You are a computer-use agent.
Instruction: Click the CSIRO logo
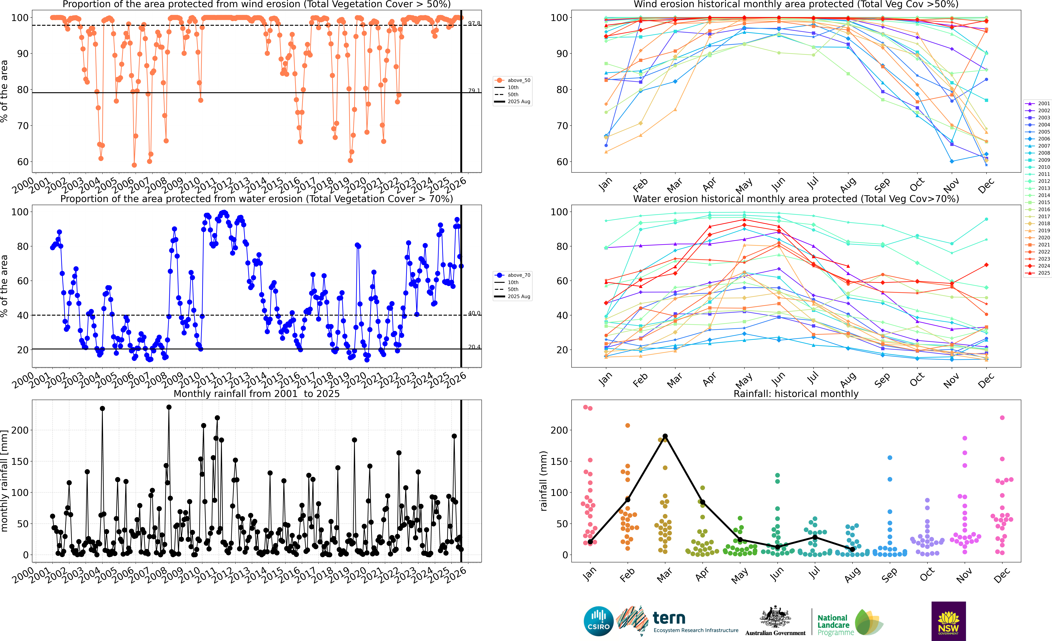point(599,621)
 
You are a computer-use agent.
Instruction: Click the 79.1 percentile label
point(474,91)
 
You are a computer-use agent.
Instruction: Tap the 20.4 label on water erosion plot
point(474,347)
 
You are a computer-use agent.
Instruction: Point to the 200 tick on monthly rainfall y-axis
point(20,430)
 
